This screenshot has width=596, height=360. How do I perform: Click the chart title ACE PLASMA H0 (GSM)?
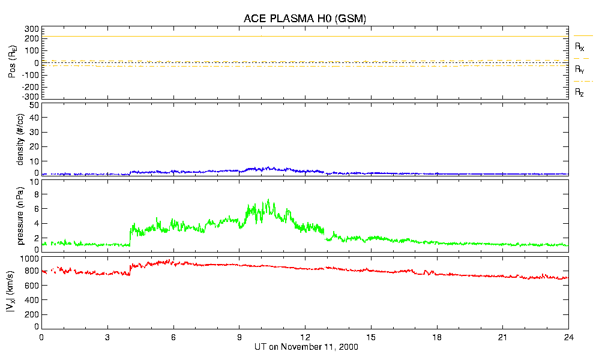[305, 19]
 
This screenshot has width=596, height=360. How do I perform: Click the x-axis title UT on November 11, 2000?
[305, 347]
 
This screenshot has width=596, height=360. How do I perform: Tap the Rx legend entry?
[580, 46]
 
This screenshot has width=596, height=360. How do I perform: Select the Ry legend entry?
[580, 70]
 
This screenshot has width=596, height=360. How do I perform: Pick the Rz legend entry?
[580, 92]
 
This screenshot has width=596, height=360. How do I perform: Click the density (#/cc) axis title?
[21, 139]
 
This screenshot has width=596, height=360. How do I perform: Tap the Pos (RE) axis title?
[11, 63]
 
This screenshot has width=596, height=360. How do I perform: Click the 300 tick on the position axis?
[32, 29]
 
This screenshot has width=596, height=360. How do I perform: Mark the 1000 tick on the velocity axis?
[29, 259]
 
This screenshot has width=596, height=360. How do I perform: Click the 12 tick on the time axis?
[305, 337]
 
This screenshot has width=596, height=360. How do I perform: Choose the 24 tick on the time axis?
[568, 337]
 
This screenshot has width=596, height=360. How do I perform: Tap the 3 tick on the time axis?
[107, 337]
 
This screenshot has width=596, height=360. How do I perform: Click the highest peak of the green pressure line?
[268, 200]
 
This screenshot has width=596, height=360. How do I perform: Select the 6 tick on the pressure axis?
[35, 209]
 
